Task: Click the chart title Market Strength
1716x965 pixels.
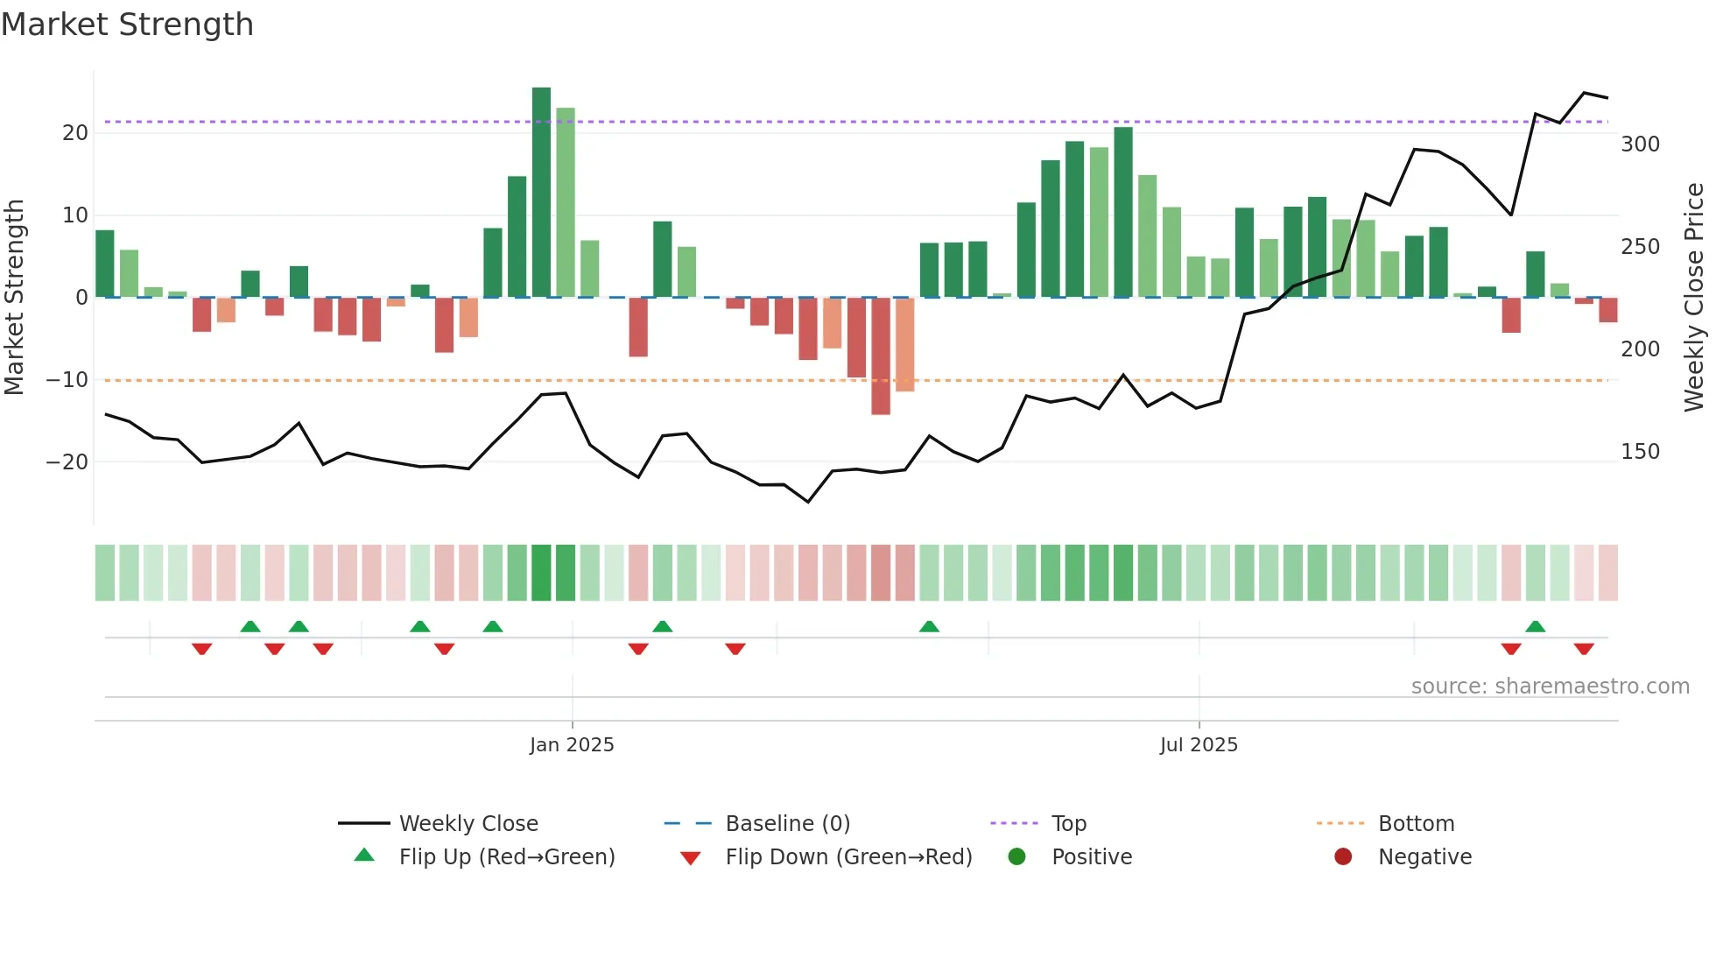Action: (127, 25)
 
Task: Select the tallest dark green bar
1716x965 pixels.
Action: (541, 193)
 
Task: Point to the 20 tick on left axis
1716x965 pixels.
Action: (75, 133)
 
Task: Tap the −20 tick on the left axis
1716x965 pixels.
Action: (67, 461)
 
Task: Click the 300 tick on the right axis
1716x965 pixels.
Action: (1640, 144)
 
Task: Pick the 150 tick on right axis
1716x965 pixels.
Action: (1640, 452)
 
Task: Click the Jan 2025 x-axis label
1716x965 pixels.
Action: (572, 745)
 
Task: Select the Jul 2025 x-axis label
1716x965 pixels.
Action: (1199, 745)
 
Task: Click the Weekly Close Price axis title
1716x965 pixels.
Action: (1694, 298)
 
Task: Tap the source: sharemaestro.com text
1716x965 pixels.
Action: (1550, 687)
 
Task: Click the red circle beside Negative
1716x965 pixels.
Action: (1343, 857)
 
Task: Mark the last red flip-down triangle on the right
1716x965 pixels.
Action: (1584, 649)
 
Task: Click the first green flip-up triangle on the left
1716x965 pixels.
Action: (250, 626)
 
